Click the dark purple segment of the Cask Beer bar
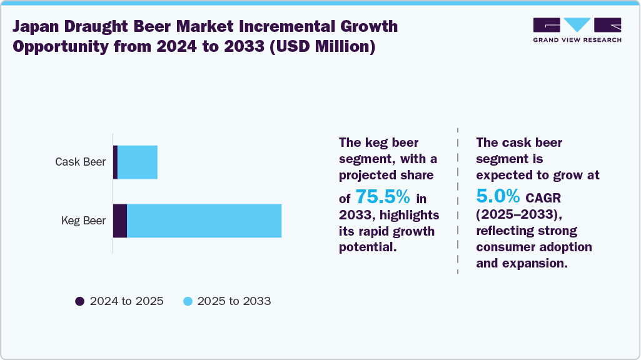pyautogui.click(x=115, y=162)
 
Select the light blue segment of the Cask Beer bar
pyautogui.click(x=138, y=162)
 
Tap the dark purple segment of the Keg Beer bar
pyautogui.click(x=120, y=221)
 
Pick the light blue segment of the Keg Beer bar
pyautogui.click(x=204, y=221)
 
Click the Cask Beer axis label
pyautogui.click(x=80, y=162)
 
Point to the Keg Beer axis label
pyautogui.click(x=83, y=221)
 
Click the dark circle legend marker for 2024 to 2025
pyautogui.click(x=79, y=301)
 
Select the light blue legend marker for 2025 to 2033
pyautogui.click(x=187, y=301)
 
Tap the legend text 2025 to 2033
pyautogui.click(x=234, y=301)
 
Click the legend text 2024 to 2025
pyautogui.click(x=126, y=301)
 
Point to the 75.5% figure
pyautogui.click(x=383, y=197)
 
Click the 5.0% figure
pyautogui.click(x=498, y=196)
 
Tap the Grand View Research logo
pyautogui.click(x=577, y=25)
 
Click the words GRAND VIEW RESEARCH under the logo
pyautogui.click(x=577, y=40)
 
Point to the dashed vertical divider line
pyautogui.click(x=458, y=200)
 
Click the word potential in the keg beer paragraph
pyautogui.click(x=366, y=247)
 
